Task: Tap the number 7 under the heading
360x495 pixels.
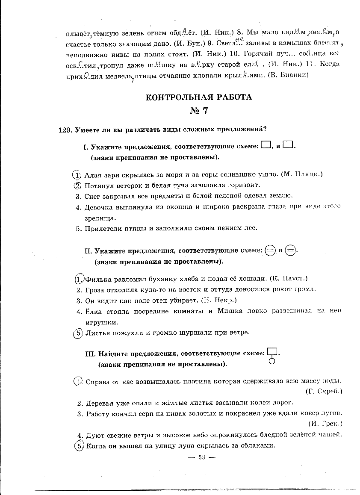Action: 205,111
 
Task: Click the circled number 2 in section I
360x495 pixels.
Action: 77,186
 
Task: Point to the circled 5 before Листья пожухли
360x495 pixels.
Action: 77,332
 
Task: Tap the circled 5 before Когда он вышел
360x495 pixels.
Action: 78,445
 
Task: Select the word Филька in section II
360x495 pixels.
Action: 97,279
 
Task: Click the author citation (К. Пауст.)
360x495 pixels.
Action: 289,279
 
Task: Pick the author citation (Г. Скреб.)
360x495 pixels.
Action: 324,391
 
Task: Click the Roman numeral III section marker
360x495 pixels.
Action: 91,354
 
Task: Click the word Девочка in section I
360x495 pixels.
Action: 98,207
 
